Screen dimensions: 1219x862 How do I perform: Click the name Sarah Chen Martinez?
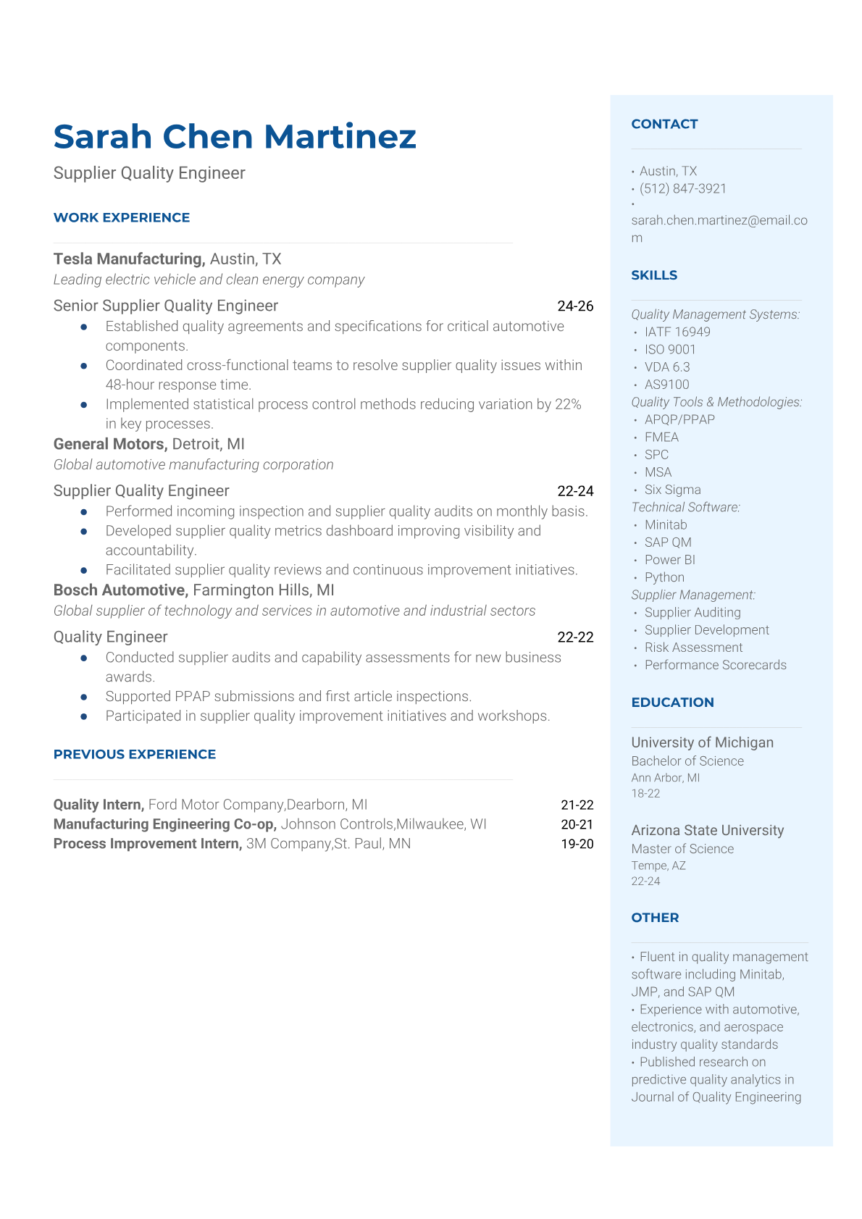click(x=235, y=137)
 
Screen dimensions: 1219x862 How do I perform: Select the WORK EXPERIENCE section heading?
click(x=122, y=217)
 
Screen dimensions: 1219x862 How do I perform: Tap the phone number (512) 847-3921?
click(x=682, y=188)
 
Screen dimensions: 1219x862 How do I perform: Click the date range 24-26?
click(x=575, y=306)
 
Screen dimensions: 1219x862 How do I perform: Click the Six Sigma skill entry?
click(x=672, y=490)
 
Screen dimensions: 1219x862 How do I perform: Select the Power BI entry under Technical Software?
click(x=669, y=560)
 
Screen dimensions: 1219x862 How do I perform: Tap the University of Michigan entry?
click(x=702, y=742)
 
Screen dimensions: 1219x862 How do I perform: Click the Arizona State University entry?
click(x=707, y=830)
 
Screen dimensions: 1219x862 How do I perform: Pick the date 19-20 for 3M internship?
click(x=577, y=844)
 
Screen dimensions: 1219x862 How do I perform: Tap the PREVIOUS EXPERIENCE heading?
click(x=135, y=754)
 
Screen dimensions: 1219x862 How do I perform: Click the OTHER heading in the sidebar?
click(x=655, y=918)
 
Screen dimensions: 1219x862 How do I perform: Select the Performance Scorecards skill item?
click(x=715, y=665)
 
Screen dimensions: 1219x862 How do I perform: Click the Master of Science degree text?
click(x=682, y=849)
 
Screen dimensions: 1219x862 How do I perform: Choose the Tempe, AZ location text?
click(x=658, y=866)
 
